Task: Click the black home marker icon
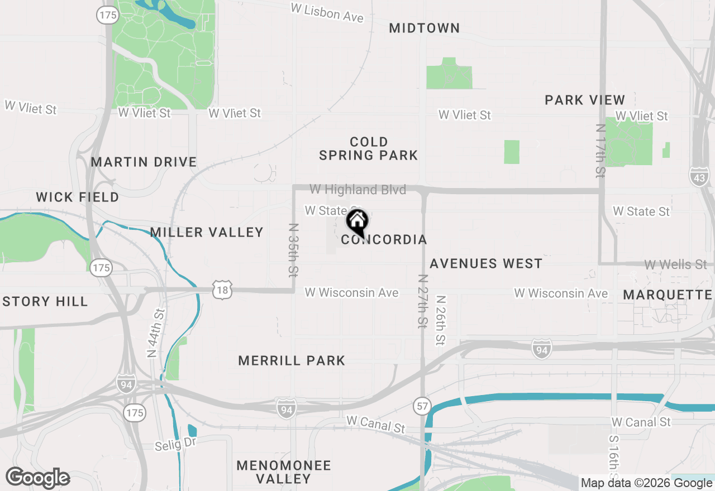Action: tap(357, 222)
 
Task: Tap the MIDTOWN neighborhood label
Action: tap(425, 28)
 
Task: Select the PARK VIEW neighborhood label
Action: tap(585, 100)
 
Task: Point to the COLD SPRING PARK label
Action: tap(369, 148)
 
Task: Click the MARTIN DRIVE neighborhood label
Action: tap(144, 162)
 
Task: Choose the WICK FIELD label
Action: tap(78, 198)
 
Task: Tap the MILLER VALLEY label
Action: tap(207, 233)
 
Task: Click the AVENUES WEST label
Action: tap(486, 263)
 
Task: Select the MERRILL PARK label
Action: tap(292, 361)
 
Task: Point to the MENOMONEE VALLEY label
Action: tap(284, 472)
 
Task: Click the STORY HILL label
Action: tap(45, 302)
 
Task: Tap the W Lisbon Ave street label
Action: tap(327, 13)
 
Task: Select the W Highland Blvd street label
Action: tap(357, 190)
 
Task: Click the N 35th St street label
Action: tap(293, 251)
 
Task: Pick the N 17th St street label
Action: tap(601, 151)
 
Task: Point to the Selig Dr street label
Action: tap(175, 444)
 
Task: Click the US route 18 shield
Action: tap(222, 290)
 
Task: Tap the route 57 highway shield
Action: tap(422, 406)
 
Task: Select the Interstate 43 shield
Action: tap(698, 177)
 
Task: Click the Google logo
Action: tap(38, 479)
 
